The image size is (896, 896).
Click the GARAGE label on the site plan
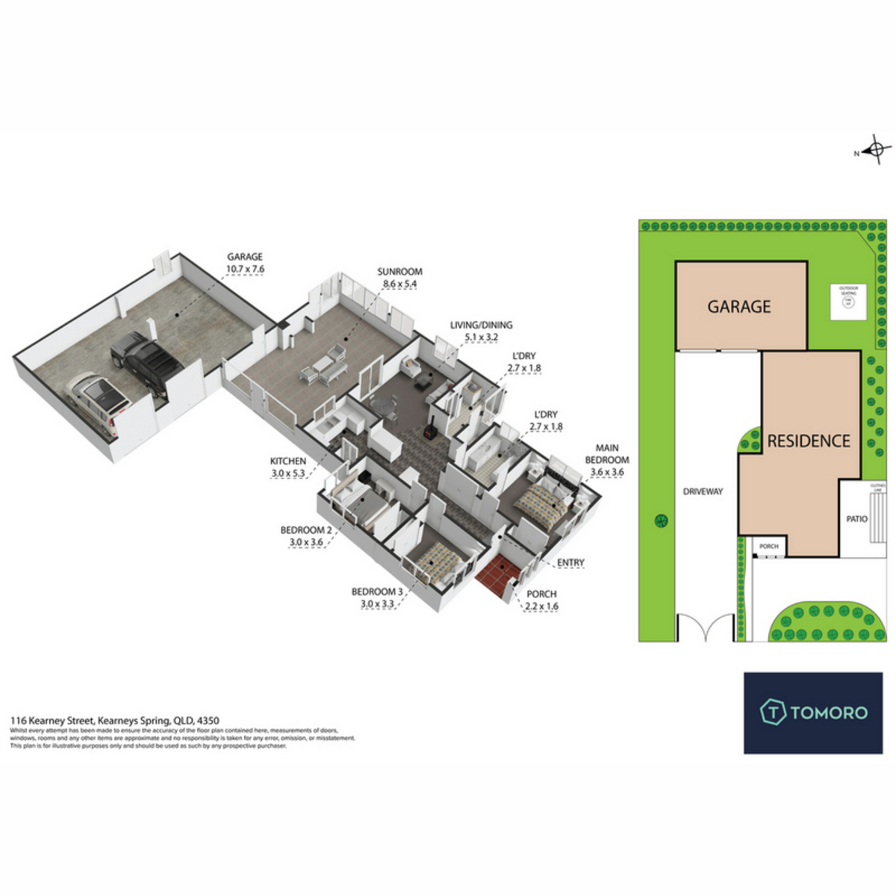[739, 306]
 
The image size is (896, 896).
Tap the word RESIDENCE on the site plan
[809, 441]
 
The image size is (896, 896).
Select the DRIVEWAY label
[703, 491]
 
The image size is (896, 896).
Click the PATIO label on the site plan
[856, 518]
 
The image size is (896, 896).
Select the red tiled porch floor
[499, 577]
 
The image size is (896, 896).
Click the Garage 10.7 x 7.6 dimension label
[246, 263]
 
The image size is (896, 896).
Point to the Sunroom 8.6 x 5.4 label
[400, 278]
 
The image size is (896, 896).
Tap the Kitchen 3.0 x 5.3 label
[288, 467]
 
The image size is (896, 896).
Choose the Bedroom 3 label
[377, 597]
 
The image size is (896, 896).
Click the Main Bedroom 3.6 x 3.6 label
[606, 460]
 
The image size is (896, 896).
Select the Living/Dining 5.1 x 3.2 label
[481, 331]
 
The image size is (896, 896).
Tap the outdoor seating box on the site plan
[848, 301]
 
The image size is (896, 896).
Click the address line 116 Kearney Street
[114, 721]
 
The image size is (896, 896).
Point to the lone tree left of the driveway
[660, 520]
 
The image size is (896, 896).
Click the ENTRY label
[571, 562]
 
